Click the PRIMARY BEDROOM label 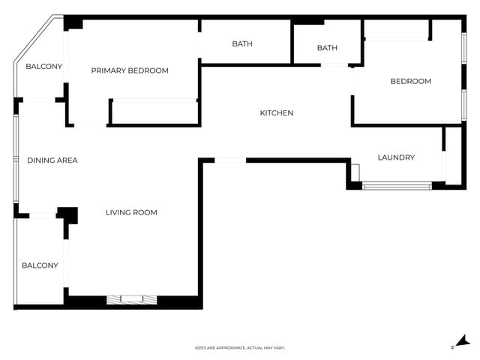click(130, 70)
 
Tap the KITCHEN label click(276, 113)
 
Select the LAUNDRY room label click(396, 157)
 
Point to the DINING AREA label click(52, 160)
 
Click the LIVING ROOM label click(131, 212)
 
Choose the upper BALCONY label click(43, 67)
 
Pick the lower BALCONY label click(40, 265)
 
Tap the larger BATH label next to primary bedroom click(242, 43)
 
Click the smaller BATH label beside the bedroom click(327, 48)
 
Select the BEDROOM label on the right click(411, 81)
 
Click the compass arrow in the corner click(463, 341)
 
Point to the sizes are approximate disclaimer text click(240, 348)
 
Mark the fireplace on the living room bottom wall click(132, 299)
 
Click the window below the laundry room click(397, 185)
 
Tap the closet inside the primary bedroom click(154, 111)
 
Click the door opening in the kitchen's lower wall click(230, 160)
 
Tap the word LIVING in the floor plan click(118, 212)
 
